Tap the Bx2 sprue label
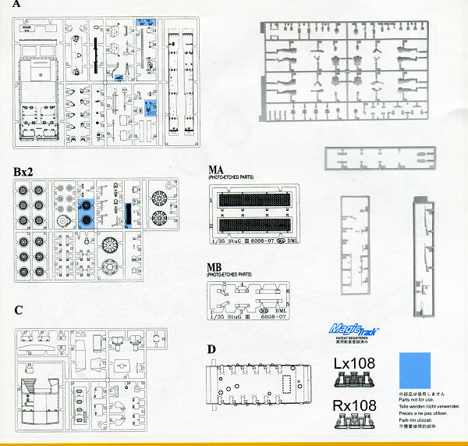point(25,170)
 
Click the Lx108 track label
point(356,364)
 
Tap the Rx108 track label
point(356,405)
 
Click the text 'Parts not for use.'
point(417,401)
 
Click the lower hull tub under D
point(261,385)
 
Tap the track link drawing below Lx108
point(356,380)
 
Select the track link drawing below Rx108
point(356,421)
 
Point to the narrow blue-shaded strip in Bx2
point(127,212)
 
